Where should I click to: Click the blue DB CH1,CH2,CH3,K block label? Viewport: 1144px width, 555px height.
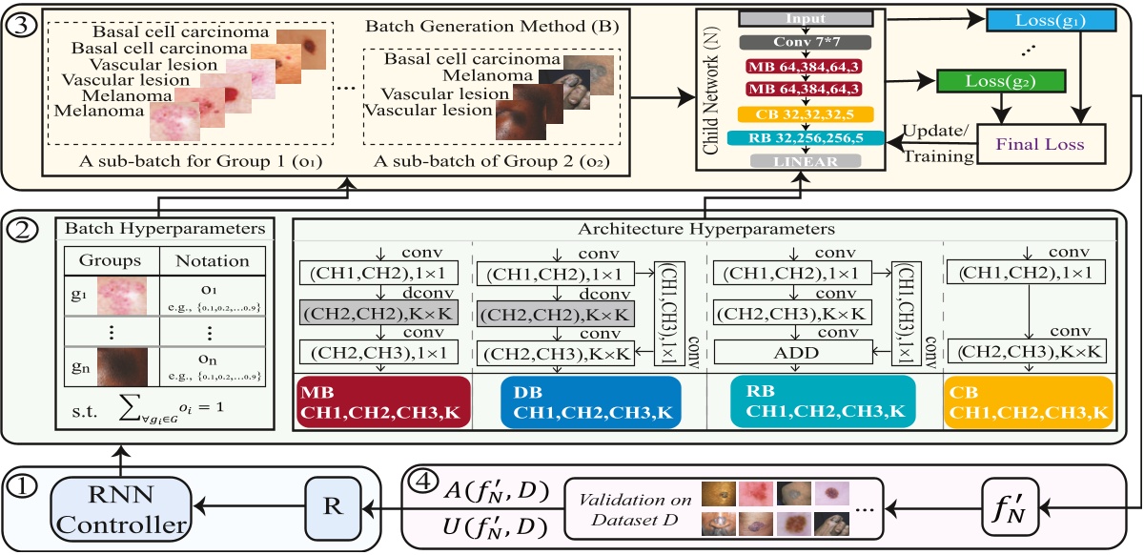591,403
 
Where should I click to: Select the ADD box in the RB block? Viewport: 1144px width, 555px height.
791,353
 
